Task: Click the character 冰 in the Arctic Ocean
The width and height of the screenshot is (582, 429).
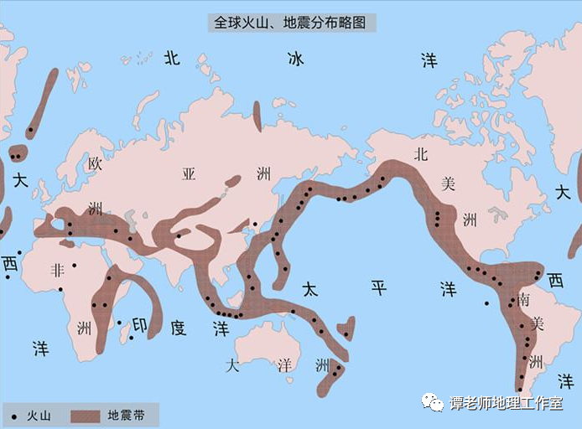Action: pos(295,59)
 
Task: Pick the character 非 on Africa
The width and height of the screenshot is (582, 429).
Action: pos(58,270)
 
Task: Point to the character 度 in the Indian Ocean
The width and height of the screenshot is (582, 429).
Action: pos(178,327)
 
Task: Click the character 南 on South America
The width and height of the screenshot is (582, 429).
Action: pos(524,299)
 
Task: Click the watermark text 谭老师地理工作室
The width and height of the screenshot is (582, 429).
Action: pos(506,404)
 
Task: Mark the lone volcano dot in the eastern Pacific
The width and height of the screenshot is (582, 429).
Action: pos(486,303)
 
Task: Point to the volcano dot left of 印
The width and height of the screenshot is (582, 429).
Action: pos(119,323)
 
